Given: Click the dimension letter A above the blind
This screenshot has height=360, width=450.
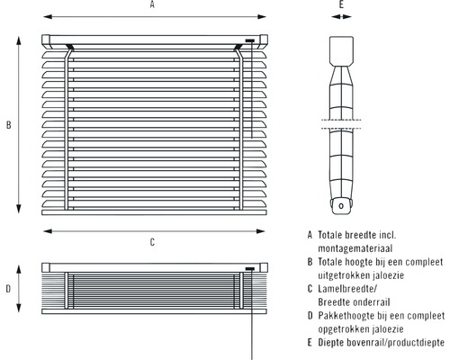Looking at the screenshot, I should (x=152, y=5).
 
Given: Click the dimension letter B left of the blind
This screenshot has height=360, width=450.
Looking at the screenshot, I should (x=8, y=126).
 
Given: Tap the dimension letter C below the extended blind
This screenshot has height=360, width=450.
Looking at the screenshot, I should (x=152, y=241).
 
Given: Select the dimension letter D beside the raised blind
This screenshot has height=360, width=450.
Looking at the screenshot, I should (x=8, y=289).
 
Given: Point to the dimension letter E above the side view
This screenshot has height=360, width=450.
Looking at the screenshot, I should (x=341, y=5).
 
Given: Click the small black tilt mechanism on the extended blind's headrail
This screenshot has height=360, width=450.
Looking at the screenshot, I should (x=249, y=41).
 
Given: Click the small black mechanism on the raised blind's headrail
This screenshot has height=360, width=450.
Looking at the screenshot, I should (x=249, y=268).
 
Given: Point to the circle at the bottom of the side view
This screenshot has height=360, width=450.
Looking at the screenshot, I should (x=341, y=205).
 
